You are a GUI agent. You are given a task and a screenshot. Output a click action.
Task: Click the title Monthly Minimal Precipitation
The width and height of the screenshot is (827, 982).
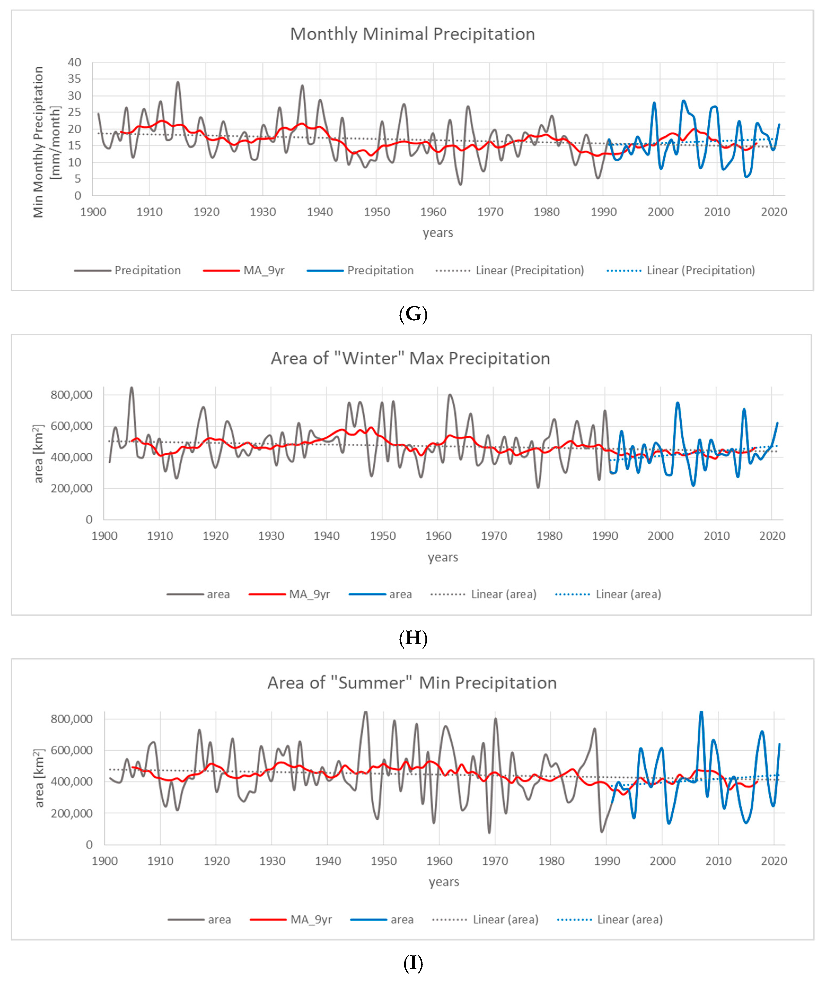pyautogui.click(x=412, y=34)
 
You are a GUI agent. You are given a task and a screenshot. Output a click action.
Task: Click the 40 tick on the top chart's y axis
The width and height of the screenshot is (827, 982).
pyautogui.click(x=74, y=62)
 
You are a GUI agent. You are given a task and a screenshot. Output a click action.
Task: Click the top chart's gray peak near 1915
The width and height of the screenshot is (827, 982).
pyautogui.click(x=178, y=83)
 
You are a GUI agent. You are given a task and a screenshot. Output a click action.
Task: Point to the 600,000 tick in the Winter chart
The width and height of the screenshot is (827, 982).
pyautogui.click(x=71, y=426)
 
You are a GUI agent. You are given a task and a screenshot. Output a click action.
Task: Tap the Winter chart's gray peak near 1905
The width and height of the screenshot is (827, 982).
pyautogui.click(x=132, y=388)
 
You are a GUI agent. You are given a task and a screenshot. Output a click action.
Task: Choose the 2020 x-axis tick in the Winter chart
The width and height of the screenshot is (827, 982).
pyautogui.click(x=772, y=536)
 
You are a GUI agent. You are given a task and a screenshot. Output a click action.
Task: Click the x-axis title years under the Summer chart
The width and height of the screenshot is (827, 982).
pyautogui.click(x=443, y=882)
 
